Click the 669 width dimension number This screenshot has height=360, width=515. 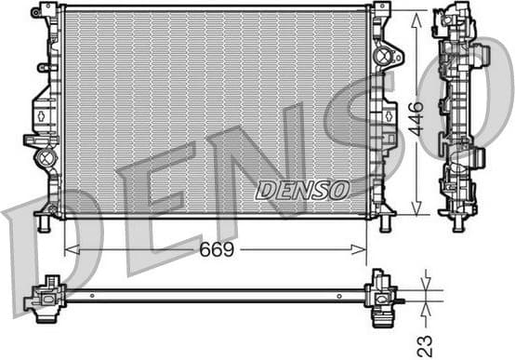click(x=215, y=250)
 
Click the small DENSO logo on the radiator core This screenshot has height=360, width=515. click(x=302, y=190)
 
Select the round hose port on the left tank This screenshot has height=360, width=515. click(x=45, y=158)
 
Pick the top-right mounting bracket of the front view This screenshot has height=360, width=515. click(x=381, y=10)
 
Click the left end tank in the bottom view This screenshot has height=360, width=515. click(x=46, y=297)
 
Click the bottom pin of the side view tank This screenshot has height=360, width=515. click(x=456, y=223)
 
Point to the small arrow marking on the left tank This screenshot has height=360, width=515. click(x=41, y=115)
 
